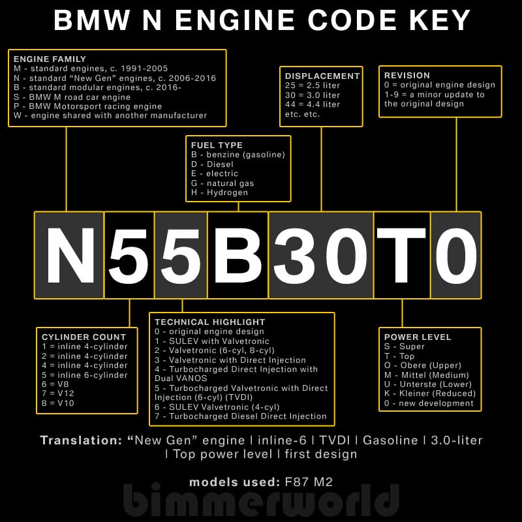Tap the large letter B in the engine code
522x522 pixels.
pos(238,255)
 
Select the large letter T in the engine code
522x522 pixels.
pos(401,255)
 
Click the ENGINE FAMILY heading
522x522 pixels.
pos(50,59)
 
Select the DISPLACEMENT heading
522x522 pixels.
pos(322,76)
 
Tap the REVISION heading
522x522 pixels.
pos(407,76)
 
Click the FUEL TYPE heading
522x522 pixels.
pos(217,145)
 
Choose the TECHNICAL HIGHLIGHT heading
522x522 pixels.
pos(210,322)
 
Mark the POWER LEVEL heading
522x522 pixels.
pos(418,337)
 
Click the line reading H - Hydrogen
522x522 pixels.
pos(219,193)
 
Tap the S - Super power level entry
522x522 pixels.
pos(405,347)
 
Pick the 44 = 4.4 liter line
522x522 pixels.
pos(313,104)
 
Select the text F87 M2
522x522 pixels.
pos(309,483)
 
